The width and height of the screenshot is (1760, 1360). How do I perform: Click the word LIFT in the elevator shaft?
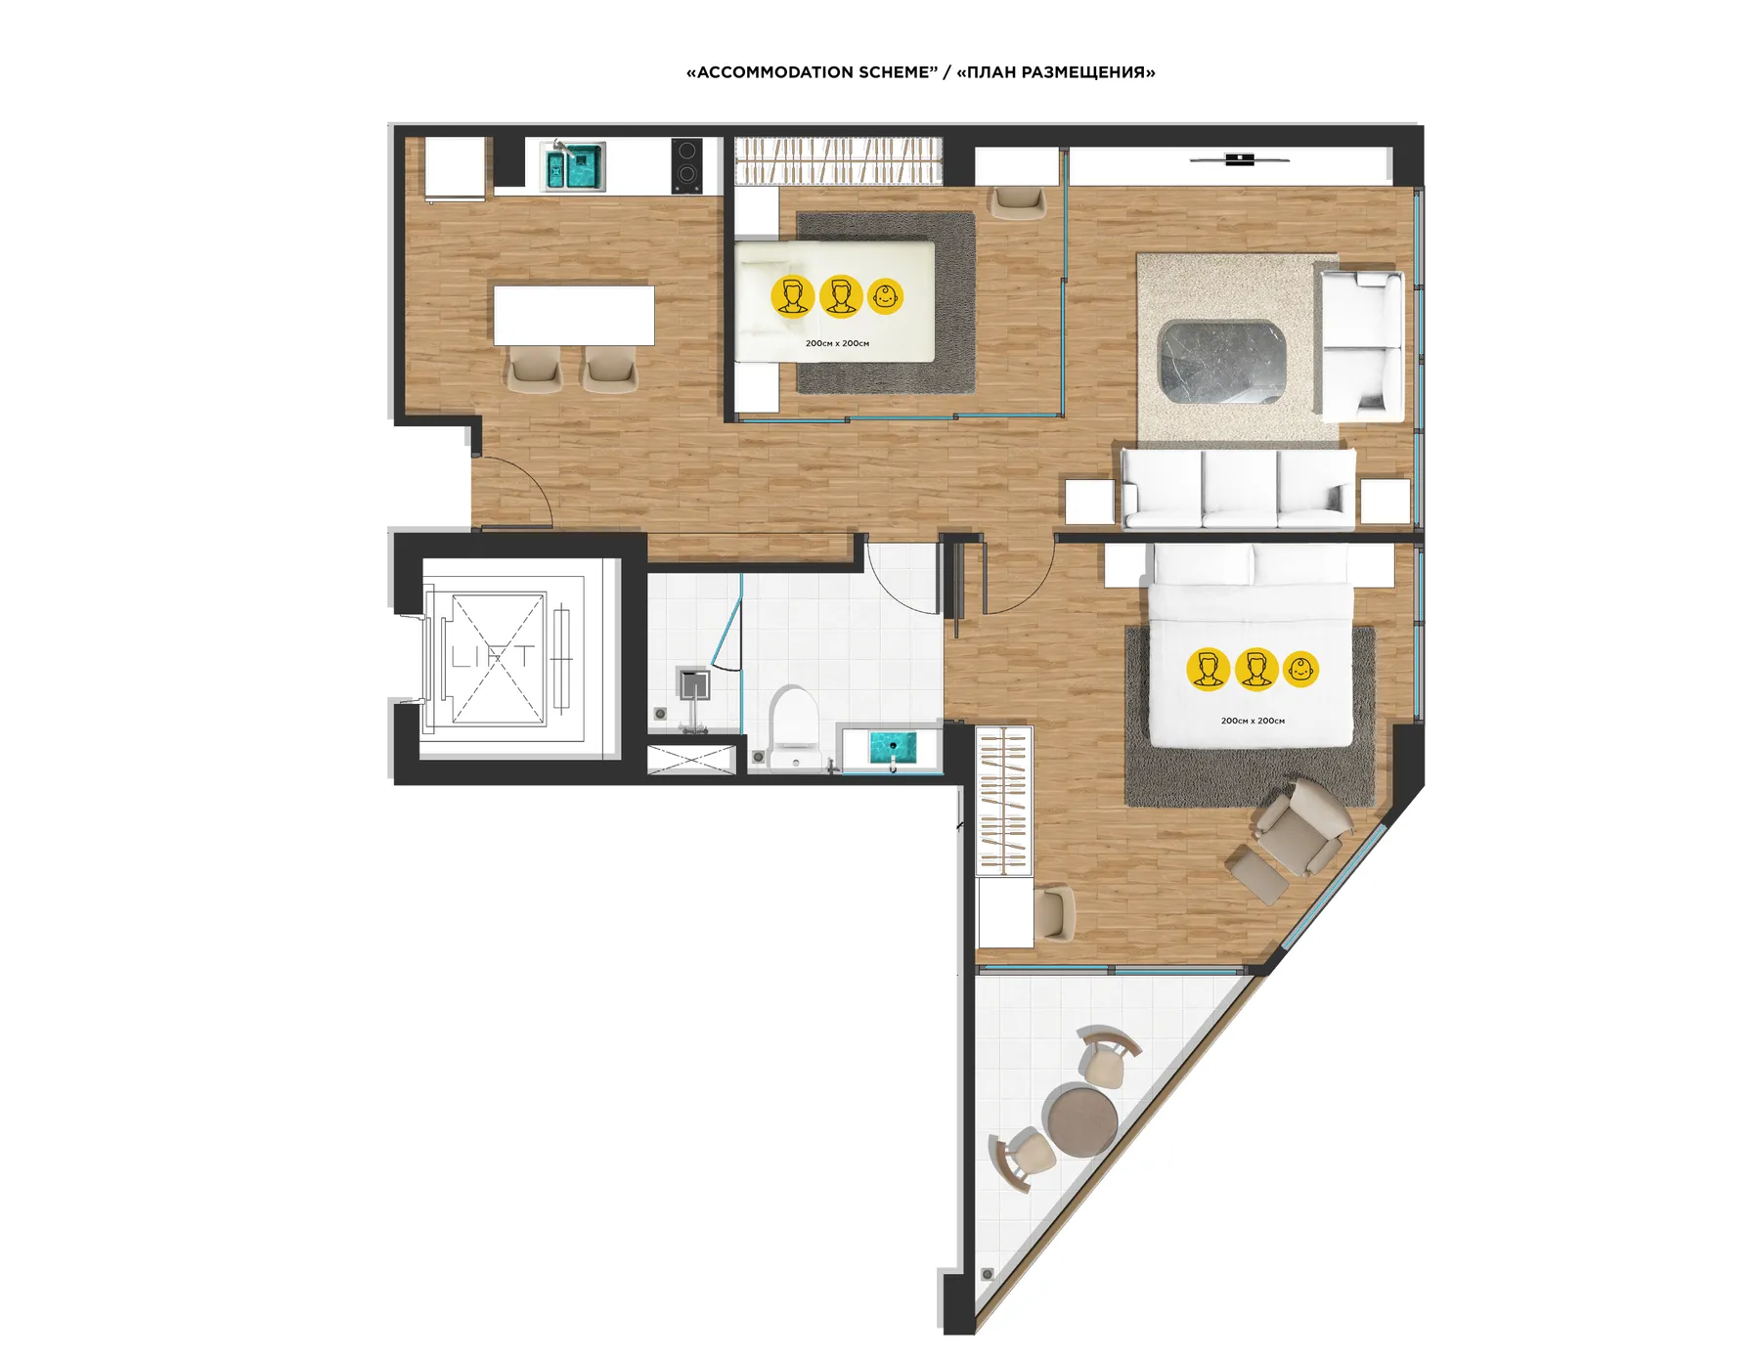coord(492,656)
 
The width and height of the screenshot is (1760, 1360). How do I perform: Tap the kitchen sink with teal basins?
coord(573,166)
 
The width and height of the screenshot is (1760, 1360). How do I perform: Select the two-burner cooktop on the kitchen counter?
coord(686,164)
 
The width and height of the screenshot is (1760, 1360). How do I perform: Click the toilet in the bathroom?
coord(793,724)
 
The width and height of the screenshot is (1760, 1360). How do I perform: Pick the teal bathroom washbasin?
coord(892,749)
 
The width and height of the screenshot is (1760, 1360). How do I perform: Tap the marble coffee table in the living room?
coord(1221,361)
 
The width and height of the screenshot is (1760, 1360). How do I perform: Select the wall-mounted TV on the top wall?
coord(1239,158)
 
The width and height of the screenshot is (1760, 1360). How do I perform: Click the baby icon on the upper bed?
coord(886,296)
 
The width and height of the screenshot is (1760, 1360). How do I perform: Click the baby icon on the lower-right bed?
coord(1300,670)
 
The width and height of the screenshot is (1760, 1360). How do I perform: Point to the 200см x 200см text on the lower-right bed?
coord(1253,721)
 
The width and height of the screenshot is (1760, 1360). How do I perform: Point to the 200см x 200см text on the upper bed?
coord(837,343)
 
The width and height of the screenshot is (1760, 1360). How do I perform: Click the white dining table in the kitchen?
coord(574,315)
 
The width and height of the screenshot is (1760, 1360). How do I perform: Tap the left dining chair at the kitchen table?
coord(535,370)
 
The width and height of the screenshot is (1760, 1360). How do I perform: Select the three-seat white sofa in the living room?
coord(1238,488)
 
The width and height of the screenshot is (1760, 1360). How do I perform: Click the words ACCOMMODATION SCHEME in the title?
coord(812,72)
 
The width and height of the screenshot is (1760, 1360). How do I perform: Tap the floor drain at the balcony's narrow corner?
coord(988,1274)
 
